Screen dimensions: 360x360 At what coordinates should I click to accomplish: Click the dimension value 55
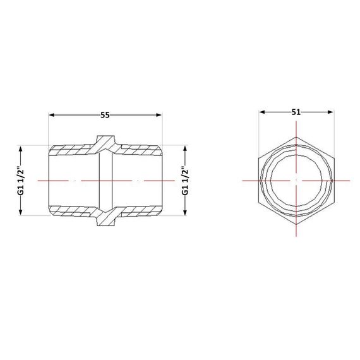click(105, 115)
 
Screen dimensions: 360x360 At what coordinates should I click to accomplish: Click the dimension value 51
click(296, 112)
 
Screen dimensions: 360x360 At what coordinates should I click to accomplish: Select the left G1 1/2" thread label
click(21, 181)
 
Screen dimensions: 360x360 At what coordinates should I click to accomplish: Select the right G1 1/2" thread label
click(185, 181)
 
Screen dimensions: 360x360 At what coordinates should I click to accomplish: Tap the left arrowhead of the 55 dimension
click(51, 115)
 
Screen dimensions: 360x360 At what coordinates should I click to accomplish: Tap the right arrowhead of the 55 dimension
click(159, 115)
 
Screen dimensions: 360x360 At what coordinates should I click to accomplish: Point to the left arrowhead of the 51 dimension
click(262, 112)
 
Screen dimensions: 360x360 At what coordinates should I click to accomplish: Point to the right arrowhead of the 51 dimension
click(330, 112)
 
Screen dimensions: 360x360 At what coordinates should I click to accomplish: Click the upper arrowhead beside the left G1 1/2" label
click(21, 148)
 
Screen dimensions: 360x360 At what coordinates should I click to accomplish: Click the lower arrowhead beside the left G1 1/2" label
click(21, 213)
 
